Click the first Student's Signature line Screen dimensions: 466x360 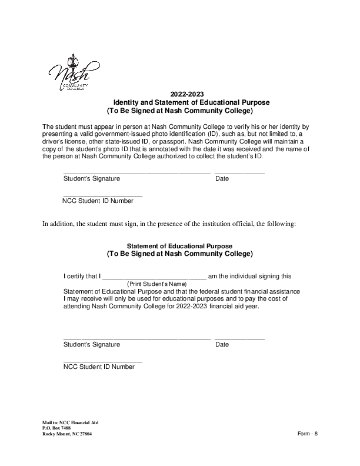point(136,172)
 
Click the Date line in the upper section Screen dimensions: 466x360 point(239,172)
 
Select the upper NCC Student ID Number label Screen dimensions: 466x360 point(98,201)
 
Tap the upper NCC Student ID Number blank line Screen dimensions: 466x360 point(102,195)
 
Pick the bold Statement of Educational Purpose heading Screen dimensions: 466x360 point(180,246)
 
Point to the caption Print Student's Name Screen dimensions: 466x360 point(157,284)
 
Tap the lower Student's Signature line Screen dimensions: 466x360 point(136,338)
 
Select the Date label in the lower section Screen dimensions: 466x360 point(222,345)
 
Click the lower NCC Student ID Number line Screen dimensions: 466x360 point(102,360)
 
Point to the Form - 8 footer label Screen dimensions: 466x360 point(308,434)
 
